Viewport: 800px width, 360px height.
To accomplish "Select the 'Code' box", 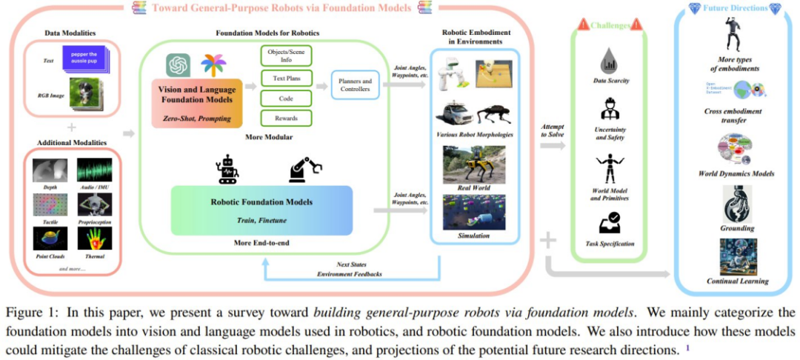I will (x=286, y=97).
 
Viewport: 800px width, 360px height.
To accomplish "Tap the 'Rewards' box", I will (x=286, y=118).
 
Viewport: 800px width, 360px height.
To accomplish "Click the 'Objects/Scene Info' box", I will (x=286, y=56).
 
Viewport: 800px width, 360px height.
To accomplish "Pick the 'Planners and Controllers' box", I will (x=356, y=87).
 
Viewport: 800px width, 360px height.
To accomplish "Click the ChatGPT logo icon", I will (x=179, y=64).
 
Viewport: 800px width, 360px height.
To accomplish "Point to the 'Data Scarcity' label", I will (x=611, y=80).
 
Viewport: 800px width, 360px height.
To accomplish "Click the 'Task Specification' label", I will (x=611, y=243).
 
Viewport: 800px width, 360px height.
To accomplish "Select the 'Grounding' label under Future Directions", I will (x=737, y=228).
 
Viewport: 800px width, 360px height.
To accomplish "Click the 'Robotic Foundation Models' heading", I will (x=262, y=201).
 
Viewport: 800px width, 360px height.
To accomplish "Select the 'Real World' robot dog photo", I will (x=474, y=164).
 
